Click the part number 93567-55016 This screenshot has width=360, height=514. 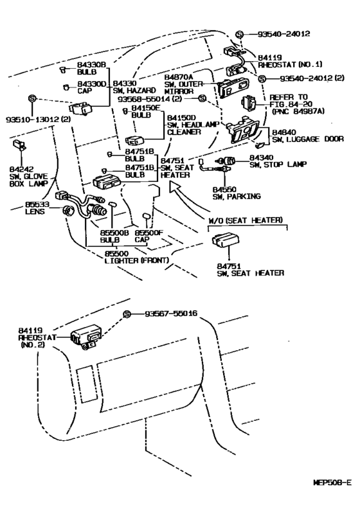[x=171, y=314]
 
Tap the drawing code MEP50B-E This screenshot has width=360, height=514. [x=332, y=483]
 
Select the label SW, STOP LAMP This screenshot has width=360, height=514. [x=278, y=164]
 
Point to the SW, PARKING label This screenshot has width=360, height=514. [x=237, y=197]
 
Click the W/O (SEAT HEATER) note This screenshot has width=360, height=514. [x=246, y=220]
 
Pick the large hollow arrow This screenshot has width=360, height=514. [x=190, y=202]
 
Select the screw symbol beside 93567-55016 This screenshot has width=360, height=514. [x=127, y=314]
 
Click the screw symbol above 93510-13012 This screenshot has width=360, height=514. [x=32, y=98]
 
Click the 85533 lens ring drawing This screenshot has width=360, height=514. [x=69, y=210]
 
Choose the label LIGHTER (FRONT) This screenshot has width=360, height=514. [x=137, y=261]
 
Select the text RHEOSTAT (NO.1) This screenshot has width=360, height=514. [x=290, y=65]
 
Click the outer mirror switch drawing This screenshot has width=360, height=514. [x=233, y=87]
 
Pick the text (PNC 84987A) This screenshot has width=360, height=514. [x=298, y=111]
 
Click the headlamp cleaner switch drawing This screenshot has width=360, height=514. [x=134, y=140]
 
